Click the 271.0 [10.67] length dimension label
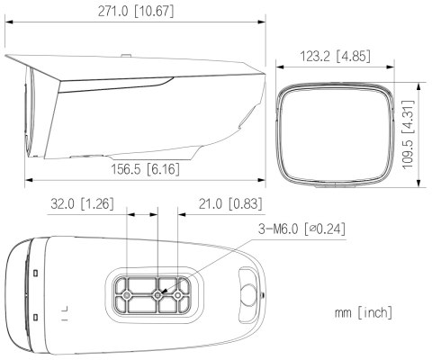coord(136,12)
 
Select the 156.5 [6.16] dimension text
coord(146,169)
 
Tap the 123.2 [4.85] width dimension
coord(335,56)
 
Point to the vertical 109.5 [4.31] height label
coord(409,135)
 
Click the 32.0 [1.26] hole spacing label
coord(82,204)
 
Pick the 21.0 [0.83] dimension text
coord(230,204)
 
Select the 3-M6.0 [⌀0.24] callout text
coord(301,229)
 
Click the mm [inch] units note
coord(364,312)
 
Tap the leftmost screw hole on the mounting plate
coord(127,296)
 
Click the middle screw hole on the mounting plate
coord(157,296)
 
